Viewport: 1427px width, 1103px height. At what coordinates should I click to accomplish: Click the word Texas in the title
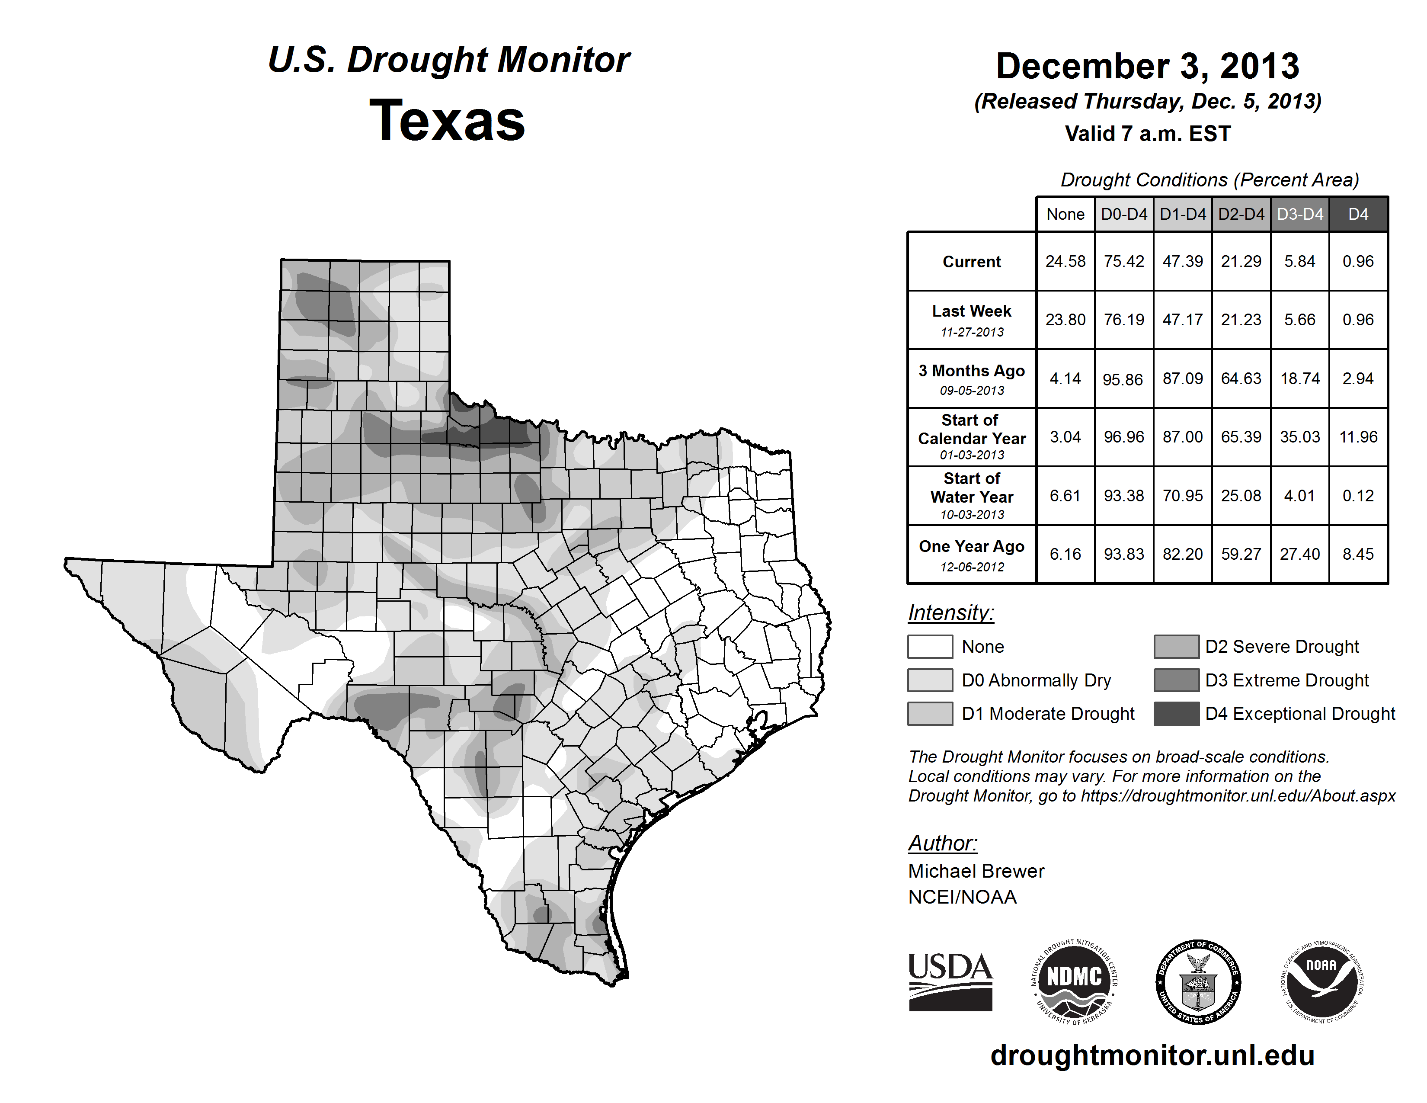447,121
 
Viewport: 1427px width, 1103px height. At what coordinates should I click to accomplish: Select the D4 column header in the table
1358,214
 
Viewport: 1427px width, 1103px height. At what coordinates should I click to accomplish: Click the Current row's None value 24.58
1065,261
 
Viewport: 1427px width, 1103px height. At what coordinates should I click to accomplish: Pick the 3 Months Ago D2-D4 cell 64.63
1241,378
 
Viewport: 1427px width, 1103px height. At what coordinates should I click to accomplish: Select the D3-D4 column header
1299,214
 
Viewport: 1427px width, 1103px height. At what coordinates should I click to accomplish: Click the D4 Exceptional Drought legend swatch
1176,714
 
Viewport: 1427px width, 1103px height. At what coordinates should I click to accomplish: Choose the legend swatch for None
930,646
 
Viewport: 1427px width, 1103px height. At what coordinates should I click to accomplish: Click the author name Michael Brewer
976,871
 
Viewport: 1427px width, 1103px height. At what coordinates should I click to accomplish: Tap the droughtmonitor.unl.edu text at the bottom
1152,1055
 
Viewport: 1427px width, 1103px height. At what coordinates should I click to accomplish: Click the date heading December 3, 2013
1147,67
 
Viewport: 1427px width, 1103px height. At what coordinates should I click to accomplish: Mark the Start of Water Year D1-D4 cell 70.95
1183,495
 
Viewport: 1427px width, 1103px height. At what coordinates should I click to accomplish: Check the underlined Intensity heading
950,613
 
